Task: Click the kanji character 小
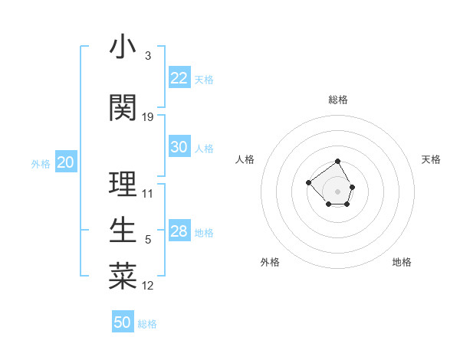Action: pyautogui.click(x=123, y=47)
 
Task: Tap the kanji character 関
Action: pyautogui.click(x=123, y=108)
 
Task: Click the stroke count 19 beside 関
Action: pyautogui.click(x=148, y=117)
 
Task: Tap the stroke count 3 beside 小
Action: pyautogui.click(x=147, y=56)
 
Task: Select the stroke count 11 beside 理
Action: pyautogui.click(x=148, y=194)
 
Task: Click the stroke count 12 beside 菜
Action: pyautogui.click(x=148, y=286)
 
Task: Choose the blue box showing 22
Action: pyautogui.click(x=179, y=78)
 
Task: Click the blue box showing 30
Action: pyautogui.click(x=179, y=147)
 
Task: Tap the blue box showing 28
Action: pyautogui.click(x=179, y=231)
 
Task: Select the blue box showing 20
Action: pyautogui.click(x=66, y=162)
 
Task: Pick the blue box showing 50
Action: pyautogui.click(x=123, y=322)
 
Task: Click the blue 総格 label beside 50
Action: pyautogui.click(x=147, y=324)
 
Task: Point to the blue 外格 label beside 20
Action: pyautogui.click(x=41, y=164)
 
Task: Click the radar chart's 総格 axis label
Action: pyautogui.click(x=338, y=100)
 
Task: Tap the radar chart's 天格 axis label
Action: pyautogui.click(x=431, y=159)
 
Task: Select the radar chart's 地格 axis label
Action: pyautogui.click(x=402, y=262)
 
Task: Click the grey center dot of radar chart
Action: pyautogui.click(x=338, y=191)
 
